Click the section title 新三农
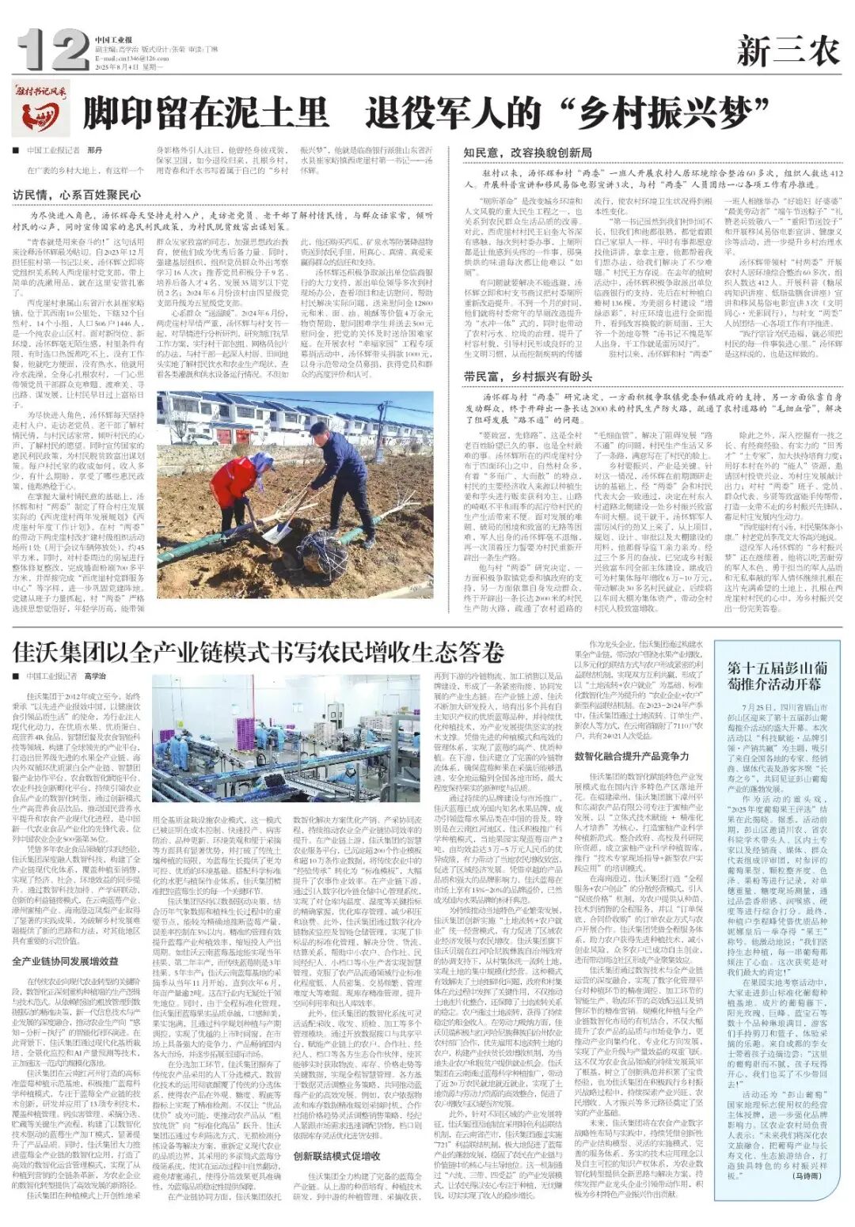(788, 52)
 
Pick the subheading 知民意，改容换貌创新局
(527, 152)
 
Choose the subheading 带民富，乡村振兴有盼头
(527, 377)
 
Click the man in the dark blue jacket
(340, 475)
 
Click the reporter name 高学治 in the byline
(95, 676)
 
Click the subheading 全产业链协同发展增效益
(65, 961)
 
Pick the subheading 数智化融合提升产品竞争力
(632, 756)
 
